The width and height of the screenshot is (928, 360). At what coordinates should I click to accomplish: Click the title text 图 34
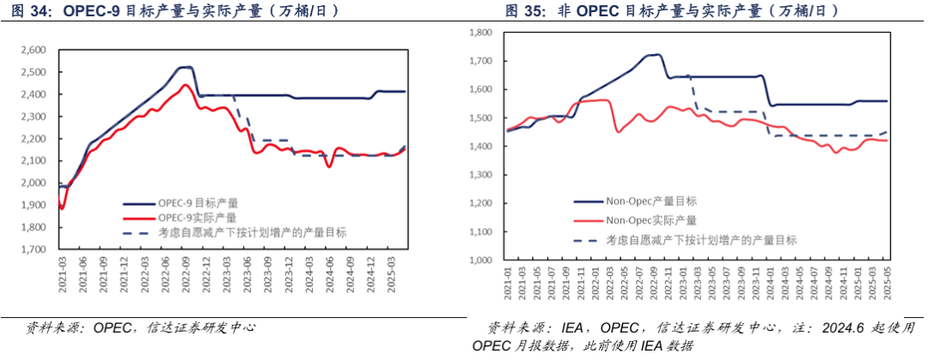point(22,11)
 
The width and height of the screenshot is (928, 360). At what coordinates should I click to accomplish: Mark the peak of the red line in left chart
point(186,84)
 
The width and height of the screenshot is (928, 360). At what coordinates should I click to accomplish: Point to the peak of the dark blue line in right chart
point(656,54)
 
